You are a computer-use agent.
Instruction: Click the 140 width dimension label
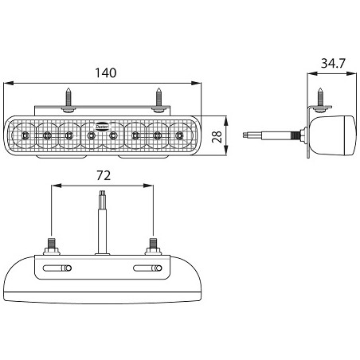click(x=105, y=72)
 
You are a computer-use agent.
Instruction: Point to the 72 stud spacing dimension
click(x=103, y=174)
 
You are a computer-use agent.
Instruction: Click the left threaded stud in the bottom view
click(x=52, y=244)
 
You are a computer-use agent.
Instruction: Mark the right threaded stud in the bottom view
click(x=152, y=244)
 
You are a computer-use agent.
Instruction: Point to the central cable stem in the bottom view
click(x=102, y=223)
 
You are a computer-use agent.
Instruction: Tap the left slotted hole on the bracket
click(x=57, y=268)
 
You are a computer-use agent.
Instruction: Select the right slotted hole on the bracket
click(x=147, y=268)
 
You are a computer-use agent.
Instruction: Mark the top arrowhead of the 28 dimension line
click(x=230, y=118)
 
